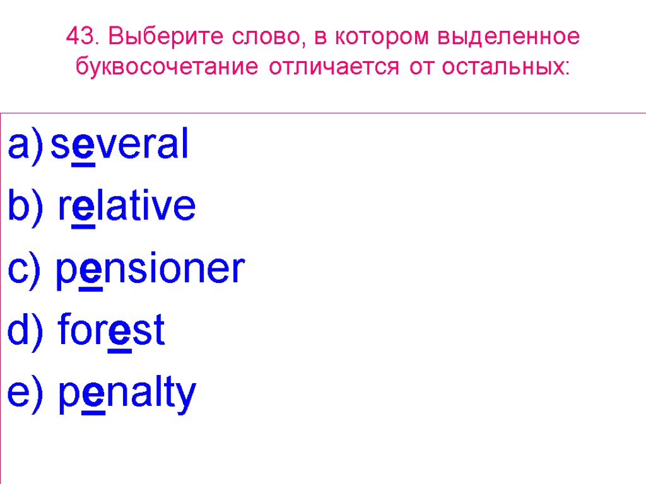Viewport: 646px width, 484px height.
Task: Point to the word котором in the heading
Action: (380, 38)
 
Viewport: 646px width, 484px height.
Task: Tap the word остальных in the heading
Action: (505, 66)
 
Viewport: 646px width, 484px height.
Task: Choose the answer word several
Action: (119, 144)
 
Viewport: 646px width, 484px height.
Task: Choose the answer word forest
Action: (111, 330)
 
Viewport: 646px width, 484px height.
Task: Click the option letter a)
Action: (25, 144)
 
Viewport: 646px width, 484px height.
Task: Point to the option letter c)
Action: (25, 269)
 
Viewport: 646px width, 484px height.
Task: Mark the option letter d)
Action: (25, 330)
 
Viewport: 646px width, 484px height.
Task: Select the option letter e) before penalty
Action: (25, 393)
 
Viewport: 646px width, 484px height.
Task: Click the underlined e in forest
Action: (120, 333)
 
